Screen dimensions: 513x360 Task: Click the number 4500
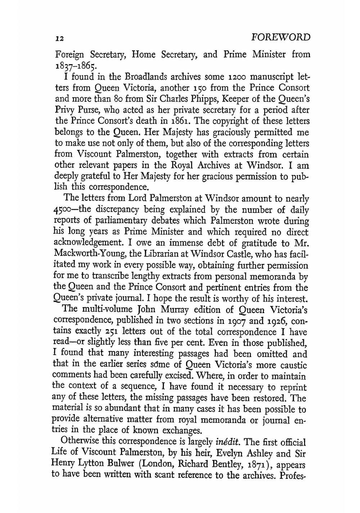(x=66, y=210)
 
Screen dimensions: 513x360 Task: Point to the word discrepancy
(x=113, y=210)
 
